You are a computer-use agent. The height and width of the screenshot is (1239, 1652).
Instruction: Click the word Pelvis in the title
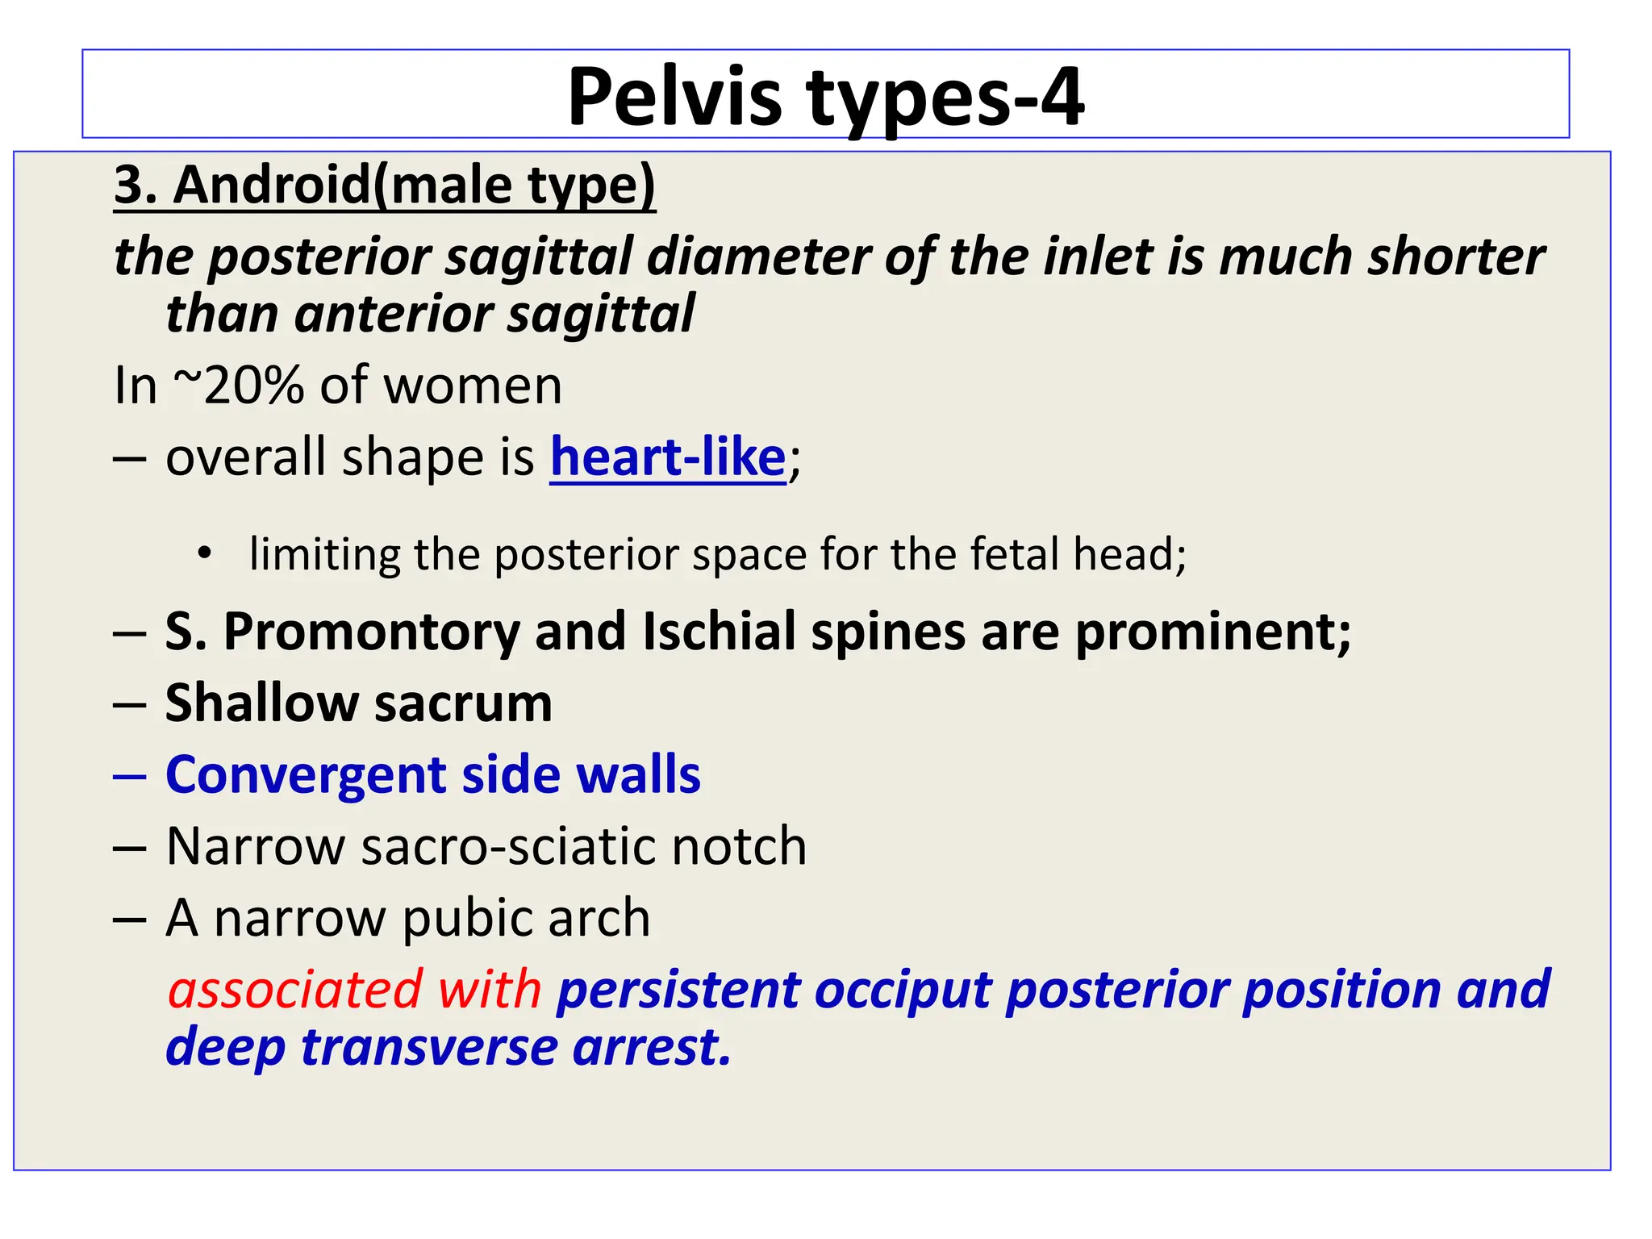674,98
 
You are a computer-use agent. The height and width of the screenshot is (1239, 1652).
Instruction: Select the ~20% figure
238,386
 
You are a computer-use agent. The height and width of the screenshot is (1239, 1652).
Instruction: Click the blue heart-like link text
668,457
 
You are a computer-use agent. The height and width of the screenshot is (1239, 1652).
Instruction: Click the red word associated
294,990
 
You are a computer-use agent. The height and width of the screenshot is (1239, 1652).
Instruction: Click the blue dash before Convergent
129,776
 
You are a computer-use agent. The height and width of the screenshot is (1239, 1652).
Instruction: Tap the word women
473,386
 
